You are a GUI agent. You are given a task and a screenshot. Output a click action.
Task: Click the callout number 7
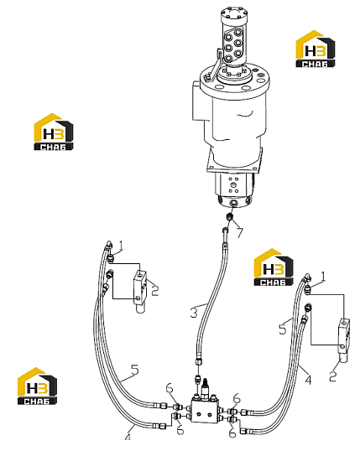pyautogui.click(x=240, y=232)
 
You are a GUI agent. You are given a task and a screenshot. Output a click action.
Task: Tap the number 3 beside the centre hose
pyautogui.click(x=194, y=313)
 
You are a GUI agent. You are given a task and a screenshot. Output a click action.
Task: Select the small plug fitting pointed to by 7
pyautogui.click(x=230, y=217)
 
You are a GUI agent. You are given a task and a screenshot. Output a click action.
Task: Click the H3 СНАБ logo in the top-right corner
pyautogui.click(x=316, y=49)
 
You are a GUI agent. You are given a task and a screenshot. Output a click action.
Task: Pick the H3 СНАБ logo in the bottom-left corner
pyautogui.click(x=37, y=386)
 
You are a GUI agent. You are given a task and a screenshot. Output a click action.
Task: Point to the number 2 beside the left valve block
pyautogui.click(x=155, y=291)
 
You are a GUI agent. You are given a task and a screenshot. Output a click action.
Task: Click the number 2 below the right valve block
pyautogui.click(x=333, y=376)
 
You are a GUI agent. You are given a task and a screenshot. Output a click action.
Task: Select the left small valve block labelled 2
pyautogui.click(x=140, y=291)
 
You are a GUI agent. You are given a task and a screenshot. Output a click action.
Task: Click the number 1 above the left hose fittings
pyautogui.click(x=121, y=246)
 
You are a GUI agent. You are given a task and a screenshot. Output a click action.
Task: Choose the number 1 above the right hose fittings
pyautogui.click(x=323, y=277)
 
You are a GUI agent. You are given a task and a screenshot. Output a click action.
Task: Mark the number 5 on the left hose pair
pyautogui.click(x=135, y=370)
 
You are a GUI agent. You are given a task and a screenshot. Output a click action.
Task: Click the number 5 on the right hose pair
pyautogui.click(x=283, y=329)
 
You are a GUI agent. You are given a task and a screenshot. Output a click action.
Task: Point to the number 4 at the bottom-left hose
pyautogui.click(x=128, y=438)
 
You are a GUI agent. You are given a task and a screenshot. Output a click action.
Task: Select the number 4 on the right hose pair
pyautogui.click(x=308, y=380)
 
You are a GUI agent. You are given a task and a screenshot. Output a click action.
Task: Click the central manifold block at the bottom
pyautogui.click(x=205, y=410)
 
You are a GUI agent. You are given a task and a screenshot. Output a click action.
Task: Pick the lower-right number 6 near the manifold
pyautogui.click(x=232, y=433)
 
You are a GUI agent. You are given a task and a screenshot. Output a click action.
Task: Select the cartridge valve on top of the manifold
pyautogui.click(x=206, y=389)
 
